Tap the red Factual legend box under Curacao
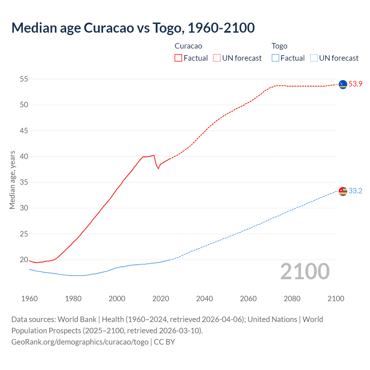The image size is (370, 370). pos(178,58)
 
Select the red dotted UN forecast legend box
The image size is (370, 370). pos(217,58)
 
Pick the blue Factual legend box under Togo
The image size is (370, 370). pos(275,58)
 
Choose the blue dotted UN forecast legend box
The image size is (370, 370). pos(314,58)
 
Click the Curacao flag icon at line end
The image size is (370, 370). pos(343,84)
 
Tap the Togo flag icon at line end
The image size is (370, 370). pos(343,191)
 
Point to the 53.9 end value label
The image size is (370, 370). pos(355,84)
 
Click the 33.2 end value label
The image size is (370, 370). pos(355,191)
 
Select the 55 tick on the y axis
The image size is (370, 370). pos(24,79)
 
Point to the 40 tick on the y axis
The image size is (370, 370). pos(24,156)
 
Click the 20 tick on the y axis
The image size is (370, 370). pos(24,260)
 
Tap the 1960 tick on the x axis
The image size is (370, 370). pos(29,299)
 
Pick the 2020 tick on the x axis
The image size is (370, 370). pos(161,299)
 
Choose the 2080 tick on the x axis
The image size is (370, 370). pos(292,299)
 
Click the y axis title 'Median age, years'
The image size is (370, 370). pos(12,180)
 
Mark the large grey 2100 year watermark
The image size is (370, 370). pos(305,271)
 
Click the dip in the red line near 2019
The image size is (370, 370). pos(158,168)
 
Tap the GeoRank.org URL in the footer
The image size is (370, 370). pos(80,342)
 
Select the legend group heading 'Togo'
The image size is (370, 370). pos(279,46)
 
